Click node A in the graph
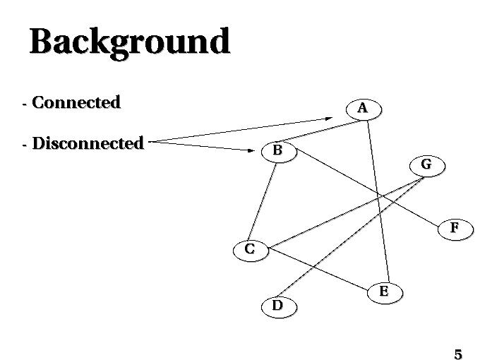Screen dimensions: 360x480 pyautogui.click(x=363, y=109)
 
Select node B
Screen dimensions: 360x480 pyautogui.click(x=277, y=150)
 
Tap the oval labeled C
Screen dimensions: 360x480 pyautogui.click(x=250, y=249)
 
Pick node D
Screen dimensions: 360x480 pyautogui.click(x=277, y=306)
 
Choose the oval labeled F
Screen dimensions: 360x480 pyautogui.click(x=455, y=228)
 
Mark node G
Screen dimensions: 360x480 pyautogui.click(x=426, y=164)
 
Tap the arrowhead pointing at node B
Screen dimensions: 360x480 pyautogui.click(x=252, y=150)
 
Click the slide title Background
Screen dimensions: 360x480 pyautogui.click(x=130, y=42)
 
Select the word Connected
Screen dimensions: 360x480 pyautogui.click(x=76, y=102)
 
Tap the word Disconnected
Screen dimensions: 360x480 pyautogui.click(x=88, y=143)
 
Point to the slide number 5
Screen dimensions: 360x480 pyautogui.click(x=458, y=354)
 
